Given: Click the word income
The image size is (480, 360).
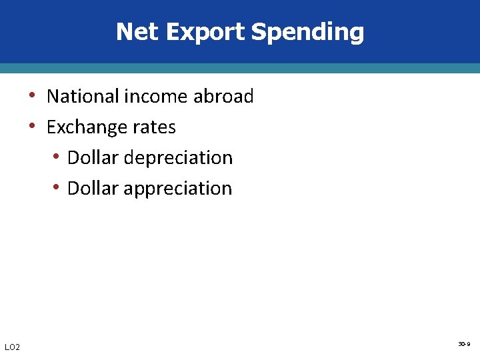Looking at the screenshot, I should (x=155, y=97).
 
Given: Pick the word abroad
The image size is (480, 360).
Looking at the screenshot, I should (x=223, y=97).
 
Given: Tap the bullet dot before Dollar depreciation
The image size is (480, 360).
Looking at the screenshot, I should (x=57, y=157).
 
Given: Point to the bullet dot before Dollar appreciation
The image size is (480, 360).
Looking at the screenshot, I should (x=57, y=188).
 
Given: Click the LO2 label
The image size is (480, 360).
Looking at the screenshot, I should (x=12, y=347).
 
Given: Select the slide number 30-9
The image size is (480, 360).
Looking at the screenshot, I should (x=464, y=344).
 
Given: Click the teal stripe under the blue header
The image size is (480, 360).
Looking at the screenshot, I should (x=240, y=68).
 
